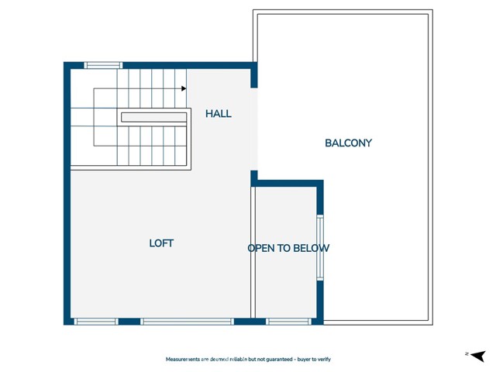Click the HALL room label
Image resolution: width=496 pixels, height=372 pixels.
pos(218,114)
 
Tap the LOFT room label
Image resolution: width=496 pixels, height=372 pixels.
pos(161,243)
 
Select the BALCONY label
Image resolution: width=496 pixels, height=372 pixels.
pos(348,143)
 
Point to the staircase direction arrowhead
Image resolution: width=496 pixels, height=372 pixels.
pos(184,88)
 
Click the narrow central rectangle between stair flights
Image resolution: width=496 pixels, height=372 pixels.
pos(153,118)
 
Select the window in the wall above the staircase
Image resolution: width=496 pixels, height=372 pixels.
pos(103,65)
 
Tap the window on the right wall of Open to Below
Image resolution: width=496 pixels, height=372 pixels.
pos(319,248)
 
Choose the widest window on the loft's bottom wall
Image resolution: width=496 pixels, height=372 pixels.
pos(187,321)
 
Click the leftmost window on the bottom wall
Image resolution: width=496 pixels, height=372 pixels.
pos(95,321)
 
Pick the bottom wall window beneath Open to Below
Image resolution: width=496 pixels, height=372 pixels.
pos(288,321)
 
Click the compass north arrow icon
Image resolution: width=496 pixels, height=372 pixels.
pos(477,355)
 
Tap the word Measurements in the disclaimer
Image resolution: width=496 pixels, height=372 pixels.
pos(187,360)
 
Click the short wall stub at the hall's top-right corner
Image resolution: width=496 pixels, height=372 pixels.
pos(253,77)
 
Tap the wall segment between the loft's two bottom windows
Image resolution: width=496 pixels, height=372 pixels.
pos(129,321)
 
